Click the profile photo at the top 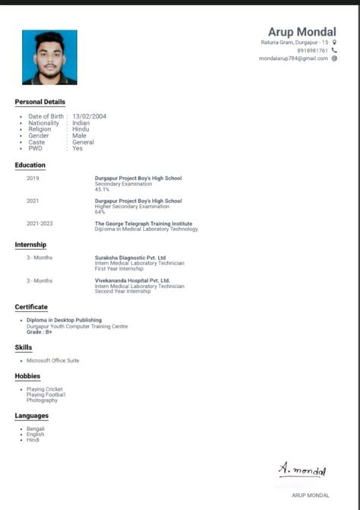coord(49,56)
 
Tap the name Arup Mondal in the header coord(302,31)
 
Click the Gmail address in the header coord(294,59)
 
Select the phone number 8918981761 coord(313,50)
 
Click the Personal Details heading coord(40,102)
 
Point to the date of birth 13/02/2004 coord(89,116)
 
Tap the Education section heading coord(30,165)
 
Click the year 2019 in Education coord(33,179)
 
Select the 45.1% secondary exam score coord(102,189)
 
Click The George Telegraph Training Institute coord(144,224)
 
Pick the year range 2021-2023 coord(39,224)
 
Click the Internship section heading coord(30,245)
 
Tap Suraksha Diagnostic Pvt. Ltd coord(131,258)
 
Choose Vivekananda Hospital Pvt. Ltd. coord(132,280)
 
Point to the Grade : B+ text coord(39,332)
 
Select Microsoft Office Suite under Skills coord(53,360)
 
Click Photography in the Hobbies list coord(42,400)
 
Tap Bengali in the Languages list coord(36,429)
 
